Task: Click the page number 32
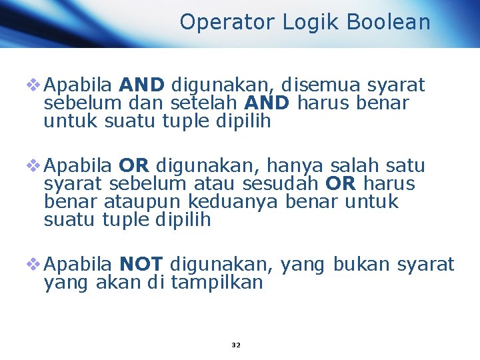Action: tap(235, 345)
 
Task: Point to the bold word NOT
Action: tap(145, 265)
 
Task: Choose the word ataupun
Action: tap(143, 202)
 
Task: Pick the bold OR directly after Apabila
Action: tap(133, 166)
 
